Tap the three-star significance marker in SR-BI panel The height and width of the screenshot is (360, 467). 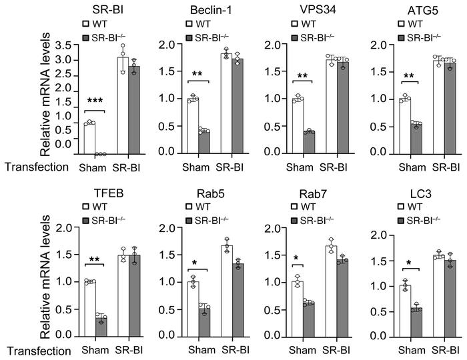point(97,102)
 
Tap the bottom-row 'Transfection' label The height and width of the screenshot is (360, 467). point(35,350)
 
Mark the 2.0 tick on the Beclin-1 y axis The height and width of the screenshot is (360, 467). point(167,45)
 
